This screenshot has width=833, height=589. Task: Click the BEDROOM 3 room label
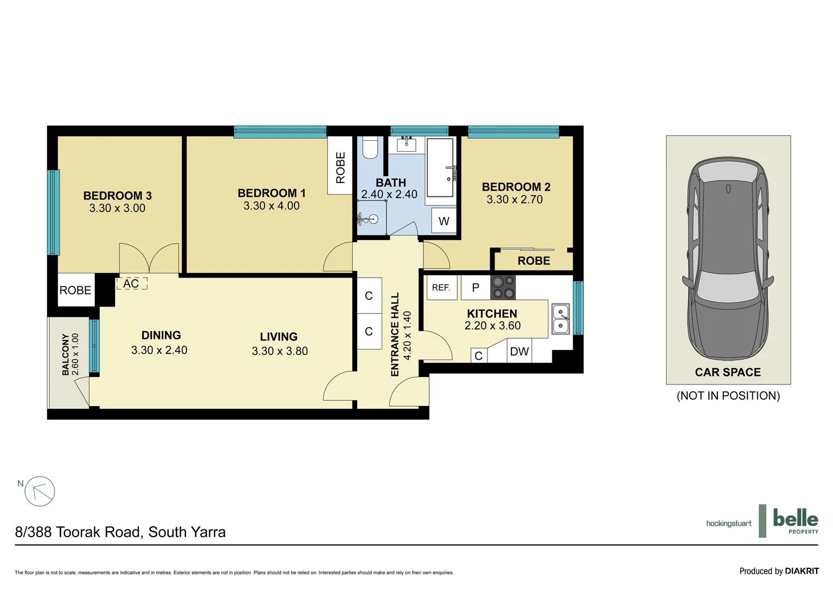tap(117, 195)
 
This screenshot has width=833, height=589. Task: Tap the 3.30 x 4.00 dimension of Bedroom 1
tap(271, 206)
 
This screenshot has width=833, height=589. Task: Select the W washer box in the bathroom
tap(444, 221)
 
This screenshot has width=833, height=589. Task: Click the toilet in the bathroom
tap(370, 147)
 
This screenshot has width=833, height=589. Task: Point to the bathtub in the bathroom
tap(440, 167)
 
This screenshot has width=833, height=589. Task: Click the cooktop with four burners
tap(503, 287)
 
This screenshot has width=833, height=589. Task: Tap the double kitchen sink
tap(561, 319)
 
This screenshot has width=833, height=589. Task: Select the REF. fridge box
tap(441, 287)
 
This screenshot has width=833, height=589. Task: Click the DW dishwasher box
tap(519, 352)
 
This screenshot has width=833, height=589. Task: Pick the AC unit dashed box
tap(131, 284)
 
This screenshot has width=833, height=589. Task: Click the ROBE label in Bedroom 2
tap(534, 261)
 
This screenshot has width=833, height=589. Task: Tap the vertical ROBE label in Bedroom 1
tap(341, 167)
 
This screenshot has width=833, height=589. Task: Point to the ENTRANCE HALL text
tap(395, 334)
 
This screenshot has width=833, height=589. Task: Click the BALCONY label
tap(66, 354)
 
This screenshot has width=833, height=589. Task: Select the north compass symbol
tap(39, 491)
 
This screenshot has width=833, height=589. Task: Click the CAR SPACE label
tap(728, 372)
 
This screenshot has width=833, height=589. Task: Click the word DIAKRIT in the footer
tap(801, 571)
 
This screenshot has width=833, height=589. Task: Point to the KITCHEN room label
tap(492, 314)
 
